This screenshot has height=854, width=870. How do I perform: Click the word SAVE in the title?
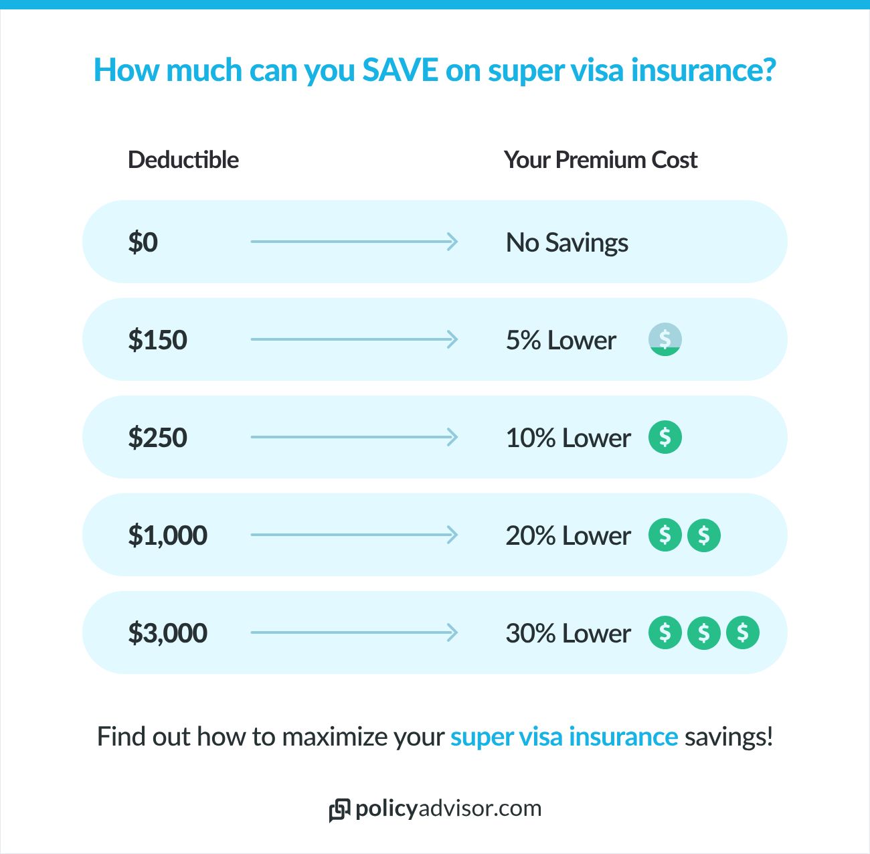[x=400, y=70]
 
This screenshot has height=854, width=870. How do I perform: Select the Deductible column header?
[x=183, y=160]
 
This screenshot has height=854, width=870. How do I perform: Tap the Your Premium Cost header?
[x=600, y=160]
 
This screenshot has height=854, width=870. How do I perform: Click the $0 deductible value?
[x=143, y=242]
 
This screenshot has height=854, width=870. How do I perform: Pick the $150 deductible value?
[x=157, y=340]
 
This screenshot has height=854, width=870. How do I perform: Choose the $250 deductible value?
[x=157, y=438]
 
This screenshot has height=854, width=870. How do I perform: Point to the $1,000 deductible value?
[x=167, y=535]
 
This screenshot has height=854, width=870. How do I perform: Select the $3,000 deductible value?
[x=167, y=633]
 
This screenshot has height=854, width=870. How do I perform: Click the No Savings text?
[x=567, y=242]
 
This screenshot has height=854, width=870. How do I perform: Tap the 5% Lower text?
[x=561, y=340]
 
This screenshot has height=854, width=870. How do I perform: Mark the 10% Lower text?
[x=568, y=438]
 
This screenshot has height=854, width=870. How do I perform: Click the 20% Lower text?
[x=568, y=535]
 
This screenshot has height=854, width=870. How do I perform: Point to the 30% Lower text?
[x=568, y=633]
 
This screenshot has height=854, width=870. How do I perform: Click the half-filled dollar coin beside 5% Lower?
[x=665, y=339]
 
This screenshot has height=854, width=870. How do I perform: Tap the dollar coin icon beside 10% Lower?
[x=665, y=437]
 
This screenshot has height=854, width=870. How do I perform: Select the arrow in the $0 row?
[x=354, y=242]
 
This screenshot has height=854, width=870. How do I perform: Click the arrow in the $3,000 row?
[x=354, y=632]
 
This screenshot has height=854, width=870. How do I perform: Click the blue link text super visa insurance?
[x=564, y=737]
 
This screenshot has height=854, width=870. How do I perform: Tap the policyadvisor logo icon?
[x=339, y=810]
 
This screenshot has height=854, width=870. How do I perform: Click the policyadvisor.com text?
[x=448, y=808]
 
